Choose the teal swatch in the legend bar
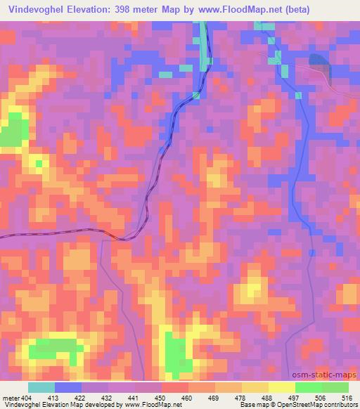[x=41, y=388]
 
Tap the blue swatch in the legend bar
[x=68, y=388]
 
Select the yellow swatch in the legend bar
[x=281, y=388]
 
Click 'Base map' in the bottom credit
[x=251, y=405]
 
